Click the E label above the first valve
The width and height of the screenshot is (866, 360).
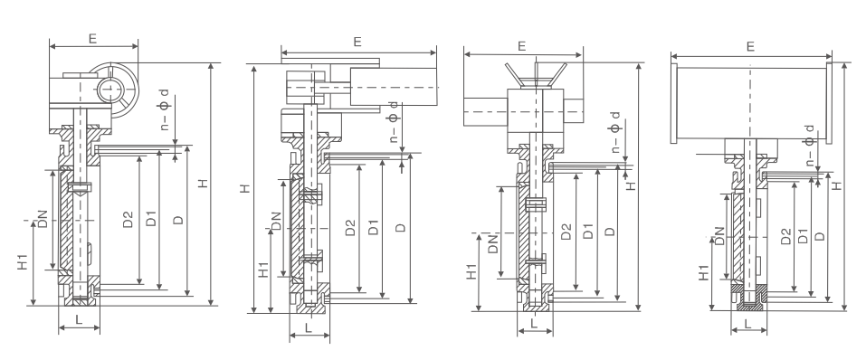pyautogui.click(x=92, y=39)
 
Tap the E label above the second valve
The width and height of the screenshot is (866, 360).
pyautogui.click(x=357, y=42)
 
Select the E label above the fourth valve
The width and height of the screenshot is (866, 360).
pyautogui.click(x=750, y=46)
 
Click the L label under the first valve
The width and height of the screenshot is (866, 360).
pyautogui.click(x=79, y=319)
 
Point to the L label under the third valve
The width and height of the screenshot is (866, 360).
pyautogui.click(x=534, y=323)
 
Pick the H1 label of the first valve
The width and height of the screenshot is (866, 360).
pyautogui.click(x=23, y=261)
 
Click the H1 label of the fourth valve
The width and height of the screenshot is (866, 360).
pyautogui.click(x=704, y=273)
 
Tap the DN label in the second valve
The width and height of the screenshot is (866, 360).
pyautogui.click(x=276, y=222)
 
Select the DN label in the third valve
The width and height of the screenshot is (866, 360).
pyautogui.click(x=493, y=243)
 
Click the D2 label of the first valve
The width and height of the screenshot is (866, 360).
pyautogui.click(x=128, y=219)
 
